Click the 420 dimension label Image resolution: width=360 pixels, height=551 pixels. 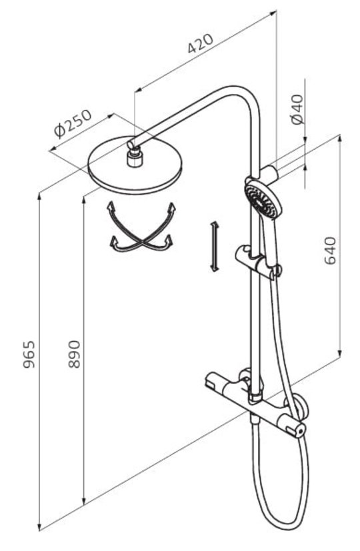(201, 43)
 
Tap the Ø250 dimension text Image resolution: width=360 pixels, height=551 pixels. (73, 123)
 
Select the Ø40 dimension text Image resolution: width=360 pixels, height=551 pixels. (297, 109)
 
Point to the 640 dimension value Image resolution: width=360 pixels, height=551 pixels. (330, 251)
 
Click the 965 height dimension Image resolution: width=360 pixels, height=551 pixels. (29, 354)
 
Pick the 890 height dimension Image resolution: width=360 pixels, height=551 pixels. (74, 354)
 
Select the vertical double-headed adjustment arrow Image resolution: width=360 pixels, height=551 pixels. (215, 247)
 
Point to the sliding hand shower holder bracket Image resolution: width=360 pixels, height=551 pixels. (259, 263)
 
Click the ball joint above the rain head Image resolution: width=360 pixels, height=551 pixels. (133, 151)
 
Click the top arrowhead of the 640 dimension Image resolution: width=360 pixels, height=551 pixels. (339, 138)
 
